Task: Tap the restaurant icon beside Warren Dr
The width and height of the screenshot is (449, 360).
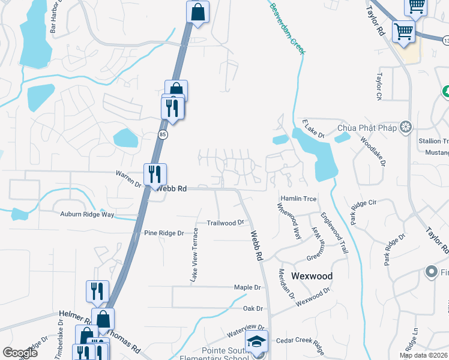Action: click(x=155, y=175)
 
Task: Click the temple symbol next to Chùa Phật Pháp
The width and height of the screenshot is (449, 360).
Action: click(x=406, y=127)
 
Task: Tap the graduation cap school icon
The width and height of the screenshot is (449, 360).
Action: click(x=258, y=342)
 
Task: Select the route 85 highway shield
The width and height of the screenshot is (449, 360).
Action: click(x=163, y=134)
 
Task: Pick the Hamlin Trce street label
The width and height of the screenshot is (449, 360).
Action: click(x=298, y=199)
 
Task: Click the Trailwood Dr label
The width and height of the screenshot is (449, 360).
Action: click(x=225, y=222)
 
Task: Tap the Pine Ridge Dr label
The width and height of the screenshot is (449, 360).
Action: click(x=163, y=233)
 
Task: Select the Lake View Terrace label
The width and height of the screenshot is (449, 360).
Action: click(x=194, y=255)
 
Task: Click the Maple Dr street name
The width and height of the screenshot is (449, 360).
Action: click(x=243, y=287)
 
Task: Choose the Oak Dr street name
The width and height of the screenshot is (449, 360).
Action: click(x=253, y=308)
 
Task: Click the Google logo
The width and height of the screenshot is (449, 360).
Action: click(x=20, y=353)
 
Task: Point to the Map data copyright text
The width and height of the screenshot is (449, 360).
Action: click(x=423, y=355)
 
